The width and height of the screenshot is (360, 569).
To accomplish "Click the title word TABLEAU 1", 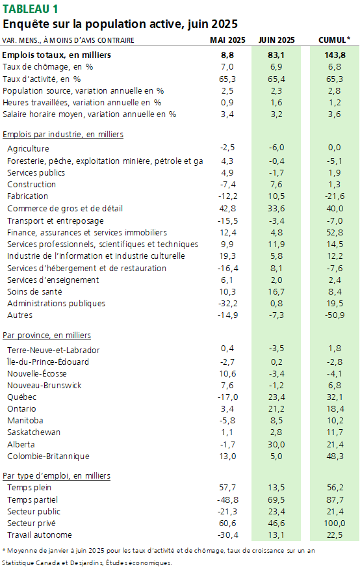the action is (30, 8).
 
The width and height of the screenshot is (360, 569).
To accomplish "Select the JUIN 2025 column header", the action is (276, 40).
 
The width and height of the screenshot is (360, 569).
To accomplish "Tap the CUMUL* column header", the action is (334, 40).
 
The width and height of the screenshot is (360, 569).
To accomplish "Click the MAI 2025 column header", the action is (227, 40).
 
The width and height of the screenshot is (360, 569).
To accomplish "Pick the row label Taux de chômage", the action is (36, 67).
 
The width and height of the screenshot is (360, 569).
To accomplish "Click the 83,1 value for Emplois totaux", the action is (276, 55).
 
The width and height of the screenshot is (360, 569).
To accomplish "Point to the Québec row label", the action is (21, 397).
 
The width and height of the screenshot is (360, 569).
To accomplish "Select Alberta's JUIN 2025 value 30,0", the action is (276, 445).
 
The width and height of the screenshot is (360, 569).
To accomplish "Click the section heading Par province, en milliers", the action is (47, 336).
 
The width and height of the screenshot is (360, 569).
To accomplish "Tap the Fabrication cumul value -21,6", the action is (335, 196).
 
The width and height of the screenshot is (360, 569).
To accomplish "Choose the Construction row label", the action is (32, 184).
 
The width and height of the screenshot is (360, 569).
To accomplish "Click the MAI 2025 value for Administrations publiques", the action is (227, 304).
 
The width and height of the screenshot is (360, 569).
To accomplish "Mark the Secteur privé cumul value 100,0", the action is (335, 523).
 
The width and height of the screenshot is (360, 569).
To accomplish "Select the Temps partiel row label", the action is (32, 499).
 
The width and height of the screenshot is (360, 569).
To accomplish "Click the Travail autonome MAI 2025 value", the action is (227, 535).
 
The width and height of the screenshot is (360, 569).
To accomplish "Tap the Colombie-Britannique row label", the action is (48, 456).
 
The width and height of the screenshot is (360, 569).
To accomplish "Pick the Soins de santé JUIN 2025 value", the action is (276, 292).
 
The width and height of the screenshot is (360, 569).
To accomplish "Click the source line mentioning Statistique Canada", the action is (87, 563).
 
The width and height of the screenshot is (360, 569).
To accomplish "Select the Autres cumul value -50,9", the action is (335, 315).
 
